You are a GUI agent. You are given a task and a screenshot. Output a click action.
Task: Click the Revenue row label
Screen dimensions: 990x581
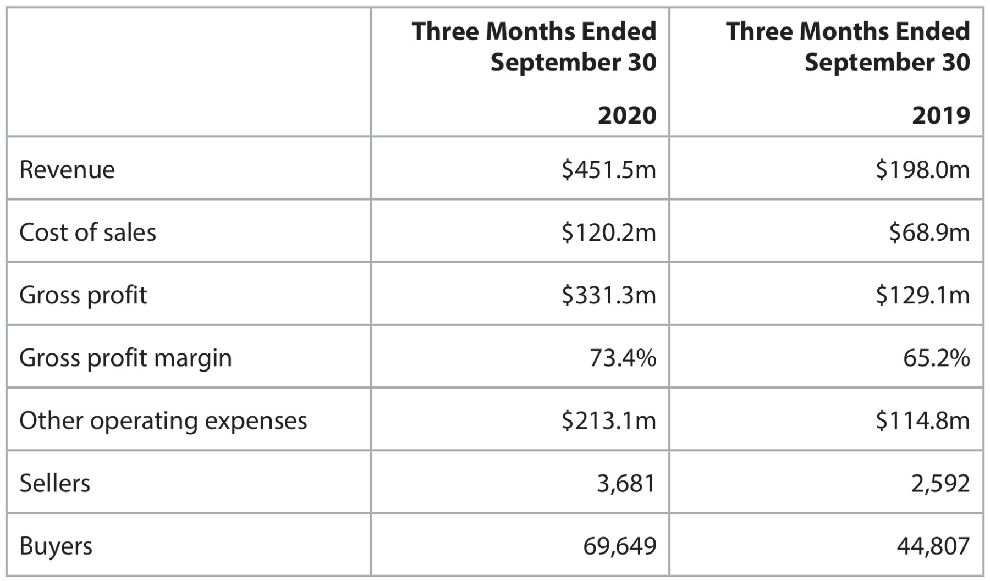[x=67, y=169]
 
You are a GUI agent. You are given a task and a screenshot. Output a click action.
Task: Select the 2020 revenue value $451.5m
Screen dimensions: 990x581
[x=609, y=169]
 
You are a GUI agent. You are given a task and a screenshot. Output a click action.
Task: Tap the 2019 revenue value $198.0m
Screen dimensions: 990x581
[x=923, y=169]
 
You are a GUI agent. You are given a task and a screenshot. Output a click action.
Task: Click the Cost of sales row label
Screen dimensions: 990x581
[x=87, y=232]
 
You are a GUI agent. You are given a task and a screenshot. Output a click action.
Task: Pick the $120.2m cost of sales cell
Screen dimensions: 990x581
[x=609, y=232]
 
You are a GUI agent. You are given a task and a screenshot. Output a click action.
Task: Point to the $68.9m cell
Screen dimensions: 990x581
[x=930, y=232]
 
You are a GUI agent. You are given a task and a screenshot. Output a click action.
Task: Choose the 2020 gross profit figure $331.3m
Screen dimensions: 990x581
[x=609, y=295]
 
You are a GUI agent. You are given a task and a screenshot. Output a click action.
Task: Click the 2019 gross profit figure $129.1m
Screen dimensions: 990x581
[x=923, y=295]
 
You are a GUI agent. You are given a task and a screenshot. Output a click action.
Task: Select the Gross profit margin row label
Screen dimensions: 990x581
[x=125, y=358]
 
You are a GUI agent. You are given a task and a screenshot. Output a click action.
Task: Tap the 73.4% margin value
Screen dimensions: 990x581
[x=623, y=358]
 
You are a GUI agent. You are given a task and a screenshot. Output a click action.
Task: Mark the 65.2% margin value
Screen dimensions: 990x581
[x=937, y=358]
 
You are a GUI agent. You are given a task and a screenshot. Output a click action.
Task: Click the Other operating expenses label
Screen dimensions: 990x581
[x=163, y=421]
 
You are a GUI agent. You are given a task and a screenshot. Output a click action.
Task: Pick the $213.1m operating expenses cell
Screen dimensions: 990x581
[x=609, y=420]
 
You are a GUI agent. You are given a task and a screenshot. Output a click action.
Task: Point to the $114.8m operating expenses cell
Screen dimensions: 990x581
[x=923, y=420]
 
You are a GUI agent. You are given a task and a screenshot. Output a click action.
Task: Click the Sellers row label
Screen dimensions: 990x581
[x=54, y=483]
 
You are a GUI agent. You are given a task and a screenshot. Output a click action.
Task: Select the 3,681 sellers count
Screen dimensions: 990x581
[x=626, y=484]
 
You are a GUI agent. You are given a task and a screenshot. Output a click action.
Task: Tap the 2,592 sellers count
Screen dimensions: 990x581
[x=941, y=484]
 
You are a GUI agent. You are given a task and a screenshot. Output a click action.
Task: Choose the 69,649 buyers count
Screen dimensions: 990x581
[x=620, y=546]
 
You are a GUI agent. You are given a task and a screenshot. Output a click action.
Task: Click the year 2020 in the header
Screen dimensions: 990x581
[x=627, y=115]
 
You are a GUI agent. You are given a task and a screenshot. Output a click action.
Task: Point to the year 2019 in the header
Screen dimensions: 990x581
[x=941, y=115]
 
